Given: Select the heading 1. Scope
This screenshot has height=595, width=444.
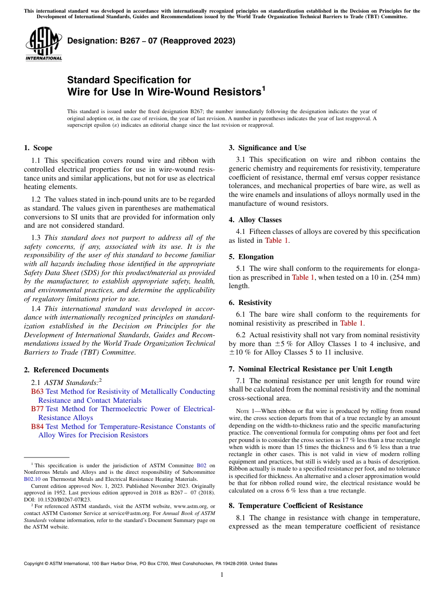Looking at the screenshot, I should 38,148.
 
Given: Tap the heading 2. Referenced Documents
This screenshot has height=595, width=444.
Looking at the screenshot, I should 66,370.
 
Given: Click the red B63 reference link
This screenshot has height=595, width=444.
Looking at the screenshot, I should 37,392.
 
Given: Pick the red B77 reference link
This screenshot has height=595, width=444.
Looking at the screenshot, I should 37,409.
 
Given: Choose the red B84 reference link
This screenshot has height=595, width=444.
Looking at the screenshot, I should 37,427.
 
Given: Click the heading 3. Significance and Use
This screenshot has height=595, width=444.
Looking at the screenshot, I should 267,148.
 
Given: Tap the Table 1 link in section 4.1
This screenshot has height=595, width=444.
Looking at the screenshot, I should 276,240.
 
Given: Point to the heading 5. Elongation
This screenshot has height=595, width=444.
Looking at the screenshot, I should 251,257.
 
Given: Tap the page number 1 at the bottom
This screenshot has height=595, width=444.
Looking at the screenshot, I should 222,575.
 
